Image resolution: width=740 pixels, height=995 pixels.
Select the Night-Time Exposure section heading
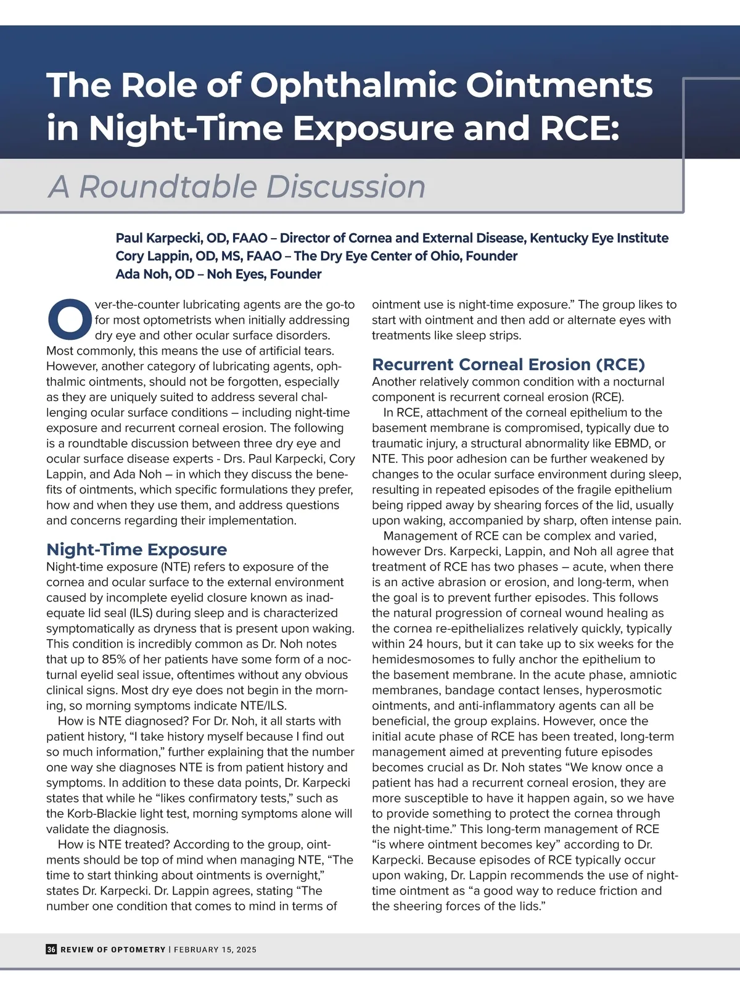click(x=136, y=549)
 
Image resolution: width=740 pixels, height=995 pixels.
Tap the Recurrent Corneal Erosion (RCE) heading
click(x=509, y=364)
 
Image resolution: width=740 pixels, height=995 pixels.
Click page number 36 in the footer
click(x=51, y=949)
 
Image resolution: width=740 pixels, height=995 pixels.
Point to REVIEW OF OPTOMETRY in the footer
click(x=113, y=949)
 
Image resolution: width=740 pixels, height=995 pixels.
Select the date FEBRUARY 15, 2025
click(x=215, y=949)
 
